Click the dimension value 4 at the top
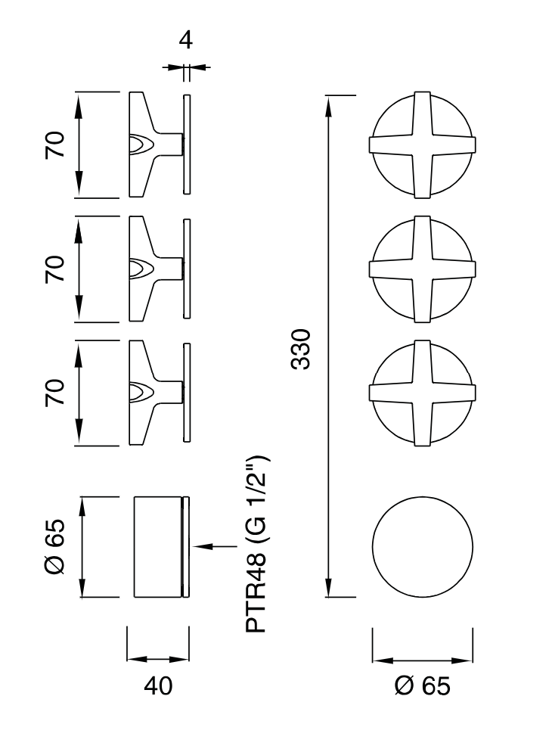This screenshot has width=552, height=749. coord(185,40)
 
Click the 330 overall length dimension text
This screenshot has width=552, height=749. coord(302,349)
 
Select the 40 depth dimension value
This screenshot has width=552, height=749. coord(157,685)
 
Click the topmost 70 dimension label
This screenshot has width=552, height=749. coord(54,144)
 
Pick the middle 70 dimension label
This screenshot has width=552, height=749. coord(54,269)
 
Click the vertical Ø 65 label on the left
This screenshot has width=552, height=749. coord(54,546)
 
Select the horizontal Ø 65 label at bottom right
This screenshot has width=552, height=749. coord(422,685)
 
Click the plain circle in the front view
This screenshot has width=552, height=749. coord(422,546)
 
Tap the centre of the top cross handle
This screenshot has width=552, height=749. coord(422,145)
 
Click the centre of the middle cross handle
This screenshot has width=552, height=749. coord(422,268)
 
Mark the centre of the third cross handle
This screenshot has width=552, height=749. coord(422,392)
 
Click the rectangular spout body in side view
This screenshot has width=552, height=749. coord(157,546)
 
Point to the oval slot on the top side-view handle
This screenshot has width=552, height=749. coord(141,145)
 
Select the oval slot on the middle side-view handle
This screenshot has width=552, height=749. coord(141,269)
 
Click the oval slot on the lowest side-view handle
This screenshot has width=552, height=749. coord(141,392)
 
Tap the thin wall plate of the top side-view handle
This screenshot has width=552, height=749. coord(187,145)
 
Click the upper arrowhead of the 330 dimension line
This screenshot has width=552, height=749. coord(327,103)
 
